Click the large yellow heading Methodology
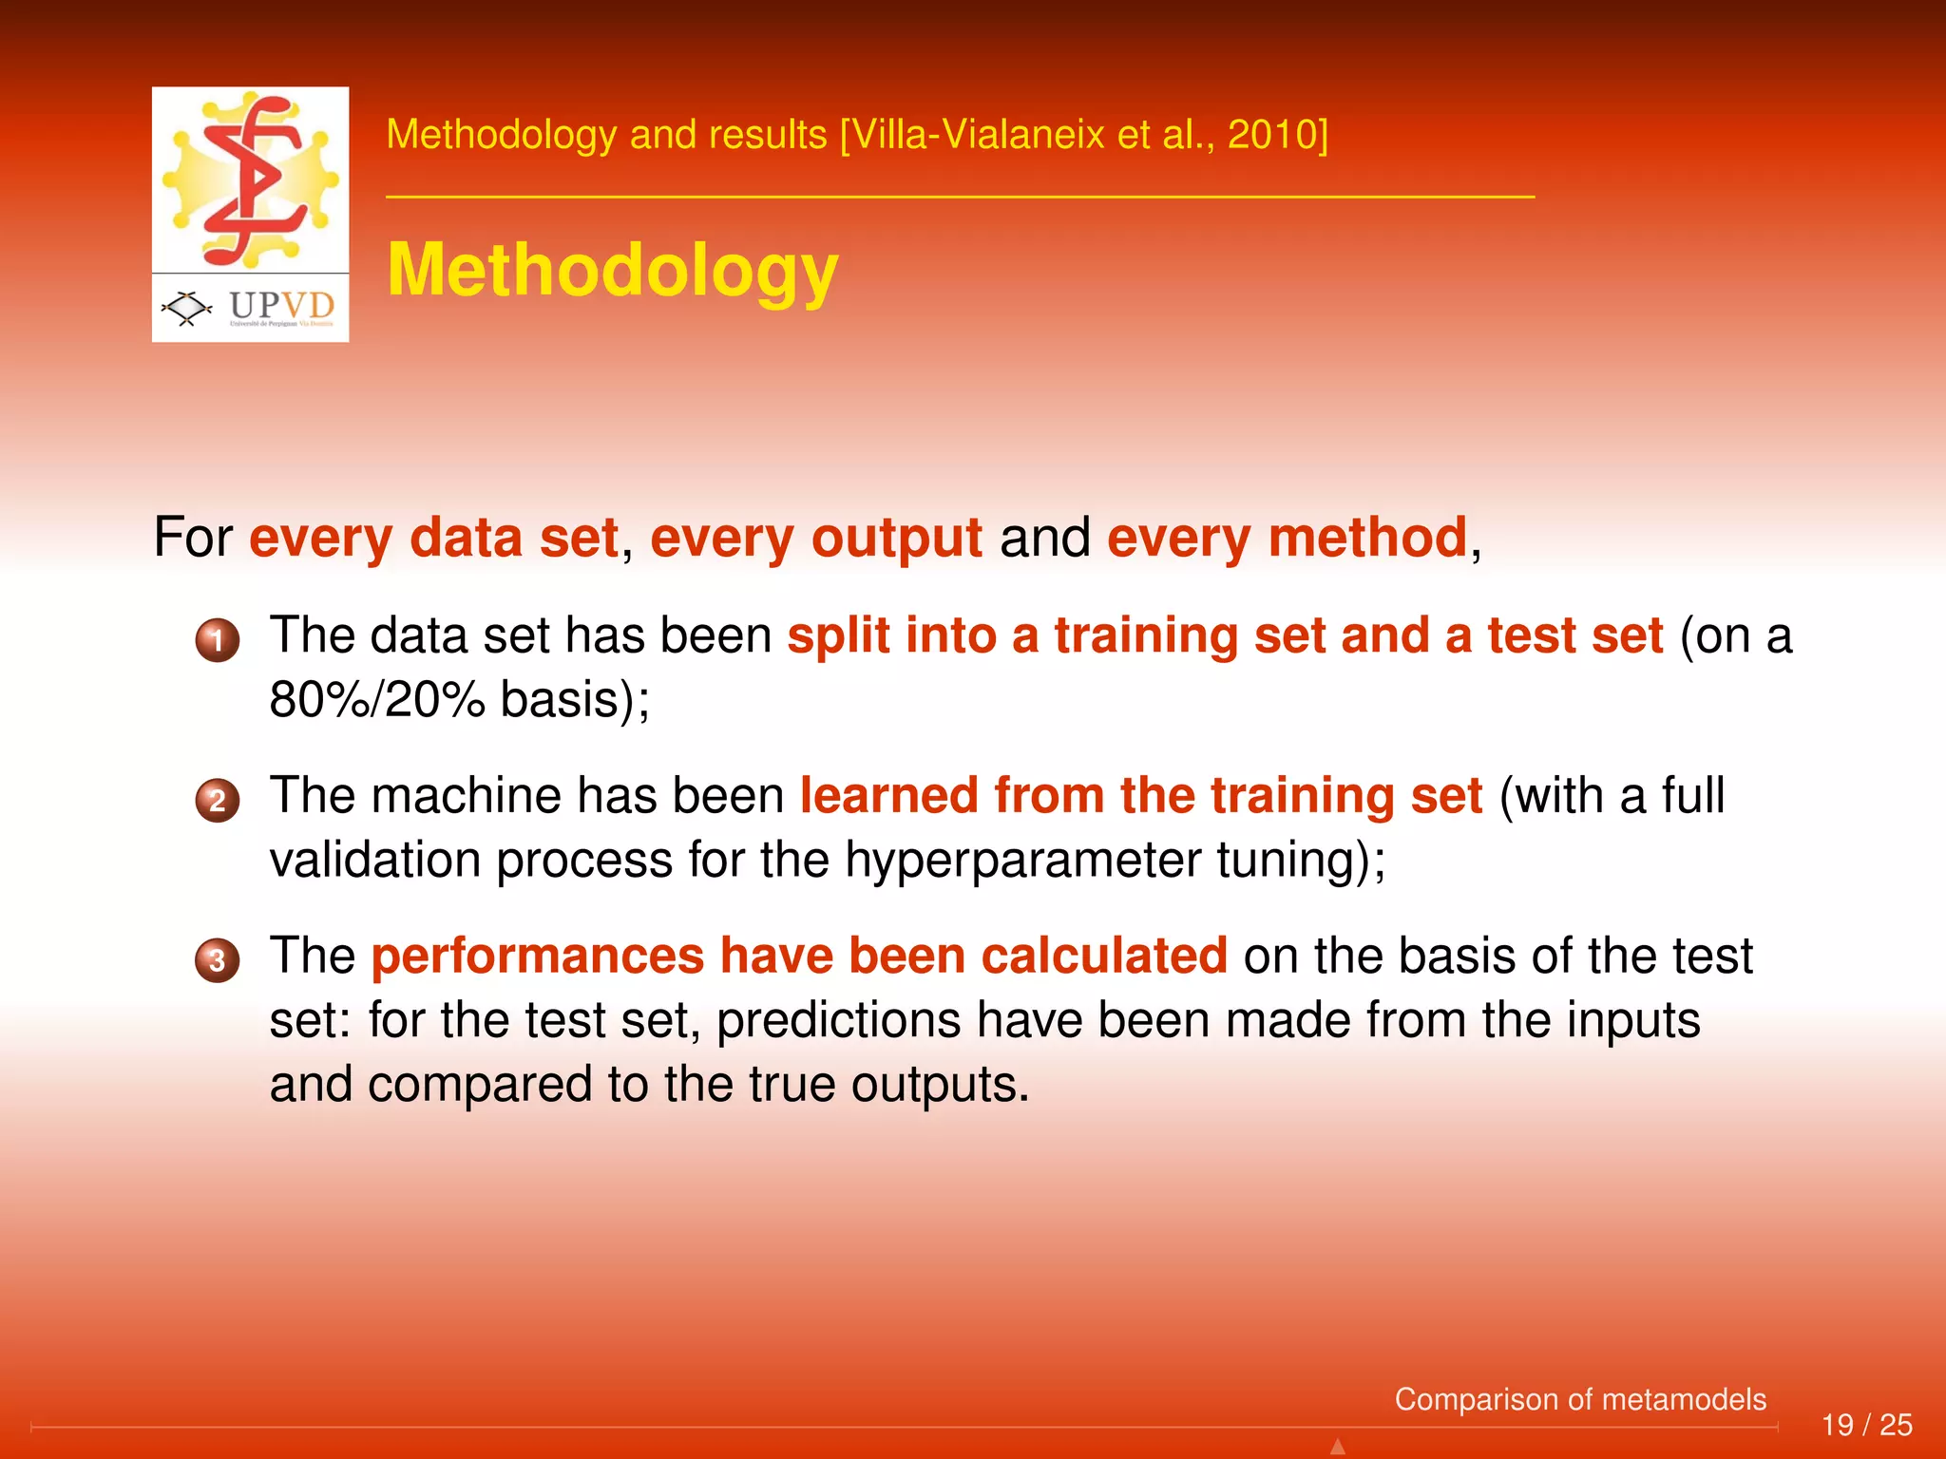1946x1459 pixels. pos(613,271)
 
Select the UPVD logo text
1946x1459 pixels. pos(281,306)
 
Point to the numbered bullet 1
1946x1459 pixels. pos(218,639)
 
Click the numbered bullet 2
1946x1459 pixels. pos(218,800)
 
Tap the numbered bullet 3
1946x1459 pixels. pos(218,959)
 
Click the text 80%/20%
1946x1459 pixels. pos(377,700)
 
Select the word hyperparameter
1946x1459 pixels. pos(1022,860)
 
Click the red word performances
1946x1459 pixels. pos(537,956)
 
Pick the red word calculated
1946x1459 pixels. pos(1104,956)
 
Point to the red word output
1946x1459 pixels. pos(896,538)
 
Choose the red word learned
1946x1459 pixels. pos(888,795)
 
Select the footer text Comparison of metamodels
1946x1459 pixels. pos(1580,1399)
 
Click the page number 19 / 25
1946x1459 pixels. pos(1866,1425)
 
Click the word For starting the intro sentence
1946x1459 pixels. pos(193,538)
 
